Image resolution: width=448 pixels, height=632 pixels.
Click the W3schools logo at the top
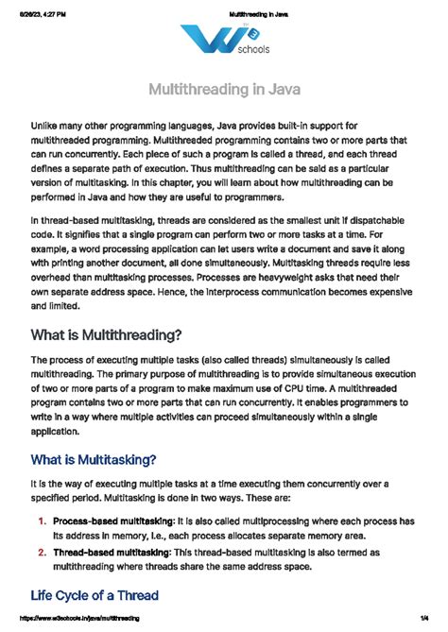coord(223,43)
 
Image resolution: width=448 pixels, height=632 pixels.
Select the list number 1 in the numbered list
coord(43,521)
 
